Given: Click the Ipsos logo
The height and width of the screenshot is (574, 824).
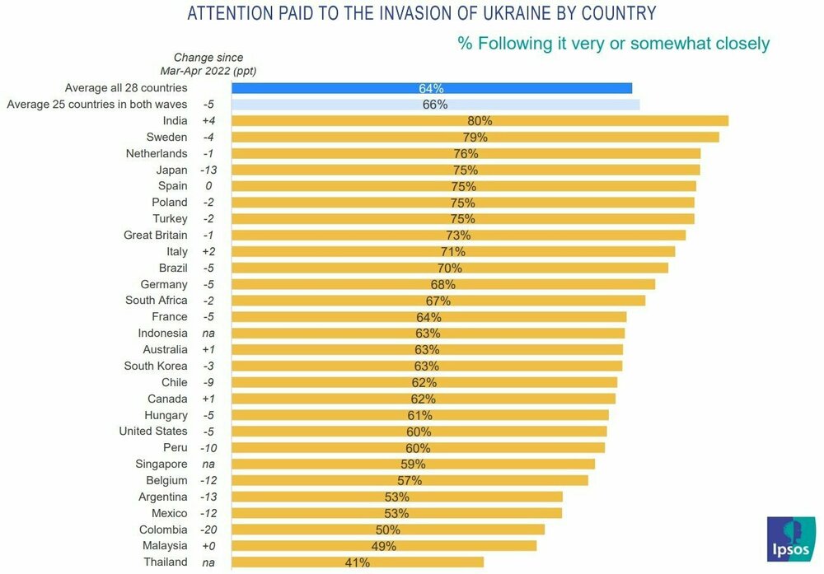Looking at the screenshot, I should pos(790,540).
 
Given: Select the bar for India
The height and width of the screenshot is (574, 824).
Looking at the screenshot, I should pos(480,121).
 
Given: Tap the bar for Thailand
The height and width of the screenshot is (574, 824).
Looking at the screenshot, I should pos(358,562).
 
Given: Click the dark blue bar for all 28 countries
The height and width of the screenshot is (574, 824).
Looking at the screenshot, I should pos(432,88).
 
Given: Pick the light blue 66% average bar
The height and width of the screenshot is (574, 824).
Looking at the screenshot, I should pos(435,105).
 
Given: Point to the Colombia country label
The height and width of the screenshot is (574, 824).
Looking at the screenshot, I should pos(163,530).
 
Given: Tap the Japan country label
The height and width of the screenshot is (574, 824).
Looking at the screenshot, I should pos(171,170).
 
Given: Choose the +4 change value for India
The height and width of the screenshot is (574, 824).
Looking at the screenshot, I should pos(208,121).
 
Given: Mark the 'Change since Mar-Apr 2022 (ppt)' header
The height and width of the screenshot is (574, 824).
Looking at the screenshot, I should pos(208,63).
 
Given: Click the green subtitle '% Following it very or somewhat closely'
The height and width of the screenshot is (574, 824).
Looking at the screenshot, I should pos(613,43).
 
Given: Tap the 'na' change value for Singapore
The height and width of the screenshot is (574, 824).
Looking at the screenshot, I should pos(208,464).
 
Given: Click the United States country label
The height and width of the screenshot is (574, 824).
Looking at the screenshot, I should pos(153,431).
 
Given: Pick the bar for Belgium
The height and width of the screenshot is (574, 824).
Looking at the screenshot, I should pos(410,480).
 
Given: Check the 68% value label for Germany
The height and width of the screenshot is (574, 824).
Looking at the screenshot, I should pos(442,284).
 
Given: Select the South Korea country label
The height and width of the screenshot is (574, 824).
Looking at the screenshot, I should pos(156,366).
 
